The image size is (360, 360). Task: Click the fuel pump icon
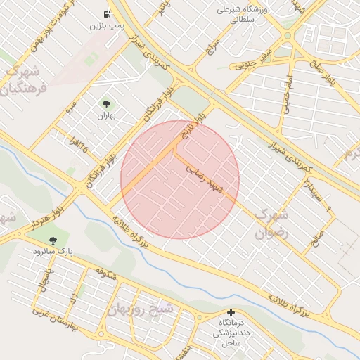tap(107, 14)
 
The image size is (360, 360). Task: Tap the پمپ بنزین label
tap(107, 25)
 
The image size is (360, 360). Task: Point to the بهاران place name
tap(105, 115)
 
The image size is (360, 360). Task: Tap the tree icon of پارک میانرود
tap(53, 240)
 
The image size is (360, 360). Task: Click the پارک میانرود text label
tap(53, 251)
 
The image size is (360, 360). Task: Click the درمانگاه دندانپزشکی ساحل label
tap(231, 331)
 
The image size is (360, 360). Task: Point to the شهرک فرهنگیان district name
tap(25, 82)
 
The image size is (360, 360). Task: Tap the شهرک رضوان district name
tap(271, 224)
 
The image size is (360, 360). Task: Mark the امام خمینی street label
tap(286, 94)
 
